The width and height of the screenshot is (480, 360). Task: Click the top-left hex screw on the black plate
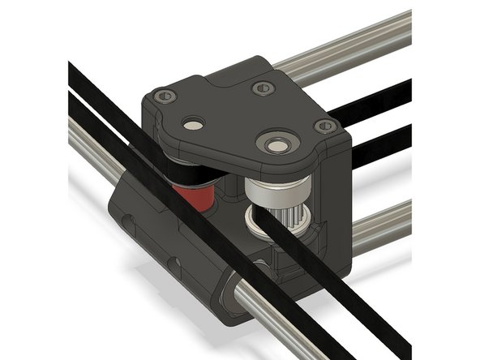pos(165,96)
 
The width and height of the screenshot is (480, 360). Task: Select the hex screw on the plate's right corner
pos(325,126)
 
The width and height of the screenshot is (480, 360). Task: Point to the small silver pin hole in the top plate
pos(194,124)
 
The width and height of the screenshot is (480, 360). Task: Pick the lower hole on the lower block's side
pos(173,263)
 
